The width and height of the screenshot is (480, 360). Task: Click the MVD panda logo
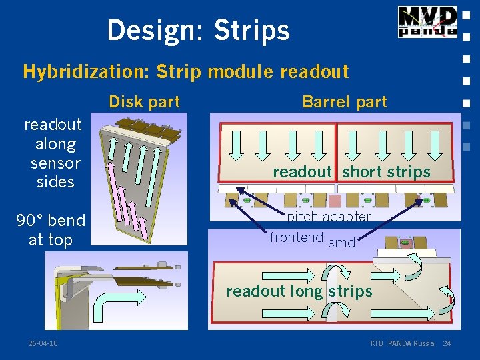(427, 22)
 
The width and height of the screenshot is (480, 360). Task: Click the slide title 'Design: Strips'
(198, 30)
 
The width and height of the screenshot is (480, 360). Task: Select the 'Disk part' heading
(144, 102)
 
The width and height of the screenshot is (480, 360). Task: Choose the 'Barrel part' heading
(344, 102)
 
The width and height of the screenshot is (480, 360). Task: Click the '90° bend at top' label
(51, 230)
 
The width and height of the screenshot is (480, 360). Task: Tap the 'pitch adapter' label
(329, 217)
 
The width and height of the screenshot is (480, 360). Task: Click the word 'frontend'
(296, 237)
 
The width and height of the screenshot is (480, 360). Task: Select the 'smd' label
(342, 243)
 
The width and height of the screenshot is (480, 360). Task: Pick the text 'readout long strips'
(299, 291)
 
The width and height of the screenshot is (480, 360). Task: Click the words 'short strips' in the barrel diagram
(386, 172)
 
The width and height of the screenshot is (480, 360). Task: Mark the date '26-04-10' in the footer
(43, 343)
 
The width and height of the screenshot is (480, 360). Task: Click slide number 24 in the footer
(447, 343)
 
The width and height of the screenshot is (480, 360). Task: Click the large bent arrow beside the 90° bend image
(116, 307)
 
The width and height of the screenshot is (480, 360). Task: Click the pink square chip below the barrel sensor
(335, 200)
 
